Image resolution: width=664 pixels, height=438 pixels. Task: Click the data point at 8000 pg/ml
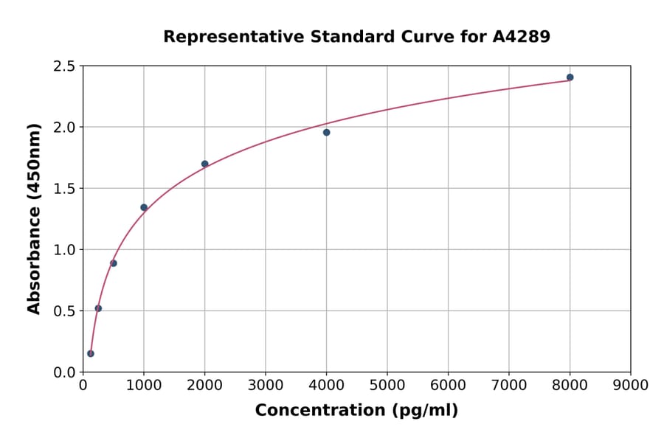tap(570, 77)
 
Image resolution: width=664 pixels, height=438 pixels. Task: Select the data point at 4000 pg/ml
tap(326, 133)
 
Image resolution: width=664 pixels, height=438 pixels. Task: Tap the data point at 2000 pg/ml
tap(204, 164)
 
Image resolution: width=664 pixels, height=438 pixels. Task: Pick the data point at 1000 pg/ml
tap(144, 207)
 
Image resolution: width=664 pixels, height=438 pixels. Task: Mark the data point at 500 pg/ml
tap(114, 263)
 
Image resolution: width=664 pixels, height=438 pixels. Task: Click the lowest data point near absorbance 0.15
tap(91, 353)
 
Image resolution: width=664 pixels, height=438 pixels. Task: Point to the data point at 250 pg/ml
tap(98, 308)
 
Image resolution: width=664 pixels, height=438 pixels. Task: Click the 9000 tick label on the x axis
tap(630, 386)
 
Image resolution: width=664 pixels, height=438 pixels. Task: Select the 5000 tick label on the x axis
tap(387, 386)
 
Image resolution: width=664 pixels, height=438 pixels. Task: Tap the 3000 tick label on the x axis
tap(265, 386)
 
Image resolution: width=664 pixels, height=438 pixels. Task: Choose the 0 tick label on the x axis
tap(83, 386)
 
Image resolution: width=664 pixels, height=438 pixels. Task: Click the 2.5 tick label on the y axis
tap(63, 66)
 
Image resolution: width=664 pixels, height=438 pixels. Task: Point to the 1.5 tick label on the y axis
tap(63, 189)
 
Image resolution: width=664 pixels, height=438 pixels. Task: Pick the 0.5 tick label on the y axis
tap(63, 311)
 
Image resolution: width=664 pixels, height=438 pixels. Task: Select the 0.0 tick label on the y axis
tap(63, 372)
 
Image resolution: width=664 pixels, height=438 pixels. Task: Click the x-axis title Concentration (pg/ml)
tap(356, 411)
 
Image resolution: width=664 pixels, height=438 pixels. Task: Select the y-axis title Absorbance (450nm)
tap(34, 218)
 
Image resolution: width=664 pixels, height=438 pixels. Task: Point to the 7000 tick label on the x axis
tap(508, 386)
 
